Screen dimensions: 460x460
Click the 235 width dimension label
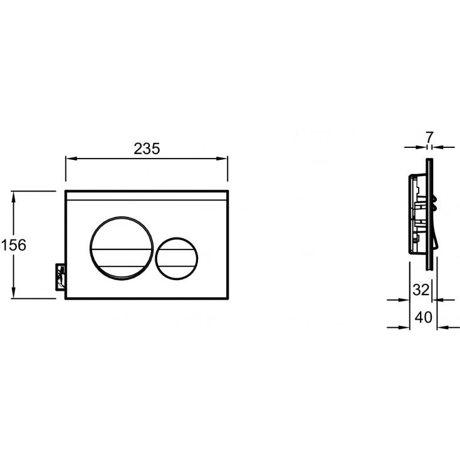click(x=147, y=149)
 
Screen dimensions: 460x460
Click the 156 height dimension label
click(x=14, y=245)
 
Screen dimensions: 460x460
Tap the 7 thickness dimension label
click(x=429, y=137)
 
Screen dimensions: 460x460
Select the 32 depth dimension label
click(x=421, y=290)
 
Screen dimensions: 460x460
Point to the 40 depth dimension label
click(x=423, y=317)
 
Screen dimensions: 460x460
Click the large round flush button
click(x=122, y=248)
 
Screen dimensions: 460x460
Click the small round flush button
click(x=177, y=258)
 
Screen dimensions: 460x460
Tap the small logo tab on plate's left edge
click(x=60, y=277)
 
